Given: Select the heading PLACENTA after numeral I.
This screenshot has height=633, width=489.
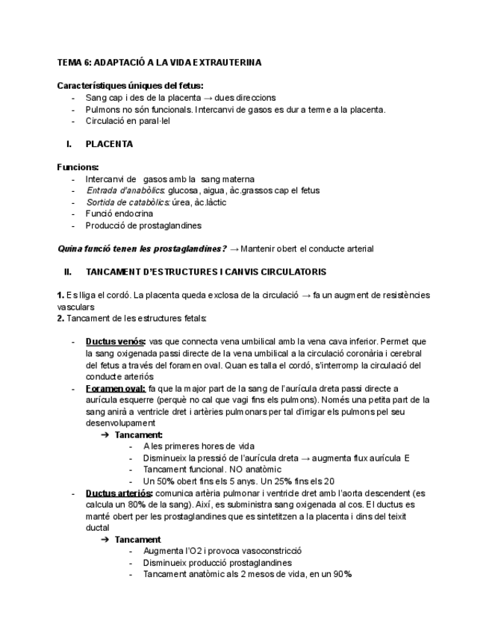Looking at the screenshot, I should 110,145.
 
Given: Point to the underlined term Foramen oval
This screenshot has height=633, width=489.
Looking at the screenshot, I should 115,388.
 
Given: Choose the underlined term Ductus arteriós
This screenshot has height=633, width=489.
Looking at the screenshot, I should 119,493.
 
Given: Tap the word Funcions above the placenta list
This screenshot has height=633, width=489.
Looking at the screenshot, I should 78,167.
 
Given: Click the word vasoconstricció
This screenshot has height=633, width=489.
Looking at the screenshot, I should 264,551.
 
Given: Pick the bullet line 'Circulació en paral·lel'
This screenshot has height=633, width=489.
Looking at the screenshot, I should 128,121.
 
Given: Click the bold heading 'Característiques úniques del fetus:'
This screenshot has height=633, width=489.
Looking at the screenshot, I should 130,86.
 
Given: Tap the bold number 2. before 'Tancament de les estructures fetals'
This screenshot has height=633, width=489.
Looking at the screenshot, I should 60,319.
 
